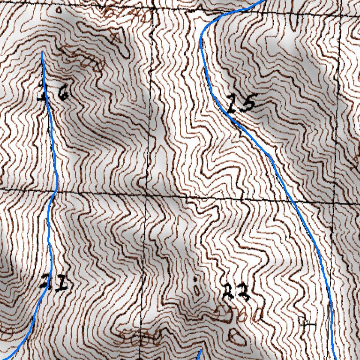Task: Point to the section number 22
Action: click(236, 293)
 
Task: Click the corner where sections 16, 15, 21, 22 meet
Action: click(146, 194)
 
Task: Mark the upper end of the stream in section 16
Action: click(42, 53)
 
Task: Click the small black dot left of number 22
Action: click(195, 280)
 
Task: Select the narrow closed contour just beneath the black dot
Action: click(196, 291)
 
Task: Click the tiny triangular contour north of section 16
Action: click(60, 9)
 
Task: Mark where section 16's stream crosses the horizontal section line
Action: click(55, 191)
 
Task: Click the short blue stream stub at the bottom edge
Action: click(199, 354)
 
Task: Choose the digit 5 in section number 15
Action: click(248, 103)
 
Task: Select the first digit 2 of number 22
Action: click(228, 293)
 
